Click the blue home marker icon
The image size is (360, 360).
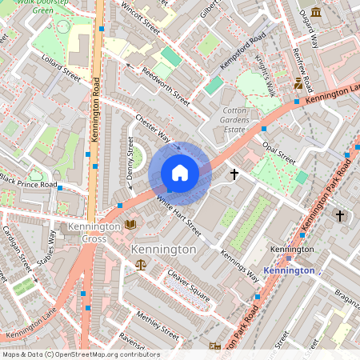click(180, 173)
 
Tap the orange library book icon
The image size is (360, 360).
click(130, 225)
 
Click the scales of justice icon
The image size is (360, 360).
click(142, 263)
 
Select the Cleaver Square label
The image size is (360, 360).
click(188, 286)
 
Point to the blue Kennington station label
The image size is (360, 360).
click(289, 270)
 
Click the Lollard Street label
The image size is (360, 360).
click(62, 75)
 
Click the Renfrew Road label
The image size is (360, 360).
click(330, 63)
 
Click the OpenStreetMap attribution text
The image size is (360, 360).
click(80, 354)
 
